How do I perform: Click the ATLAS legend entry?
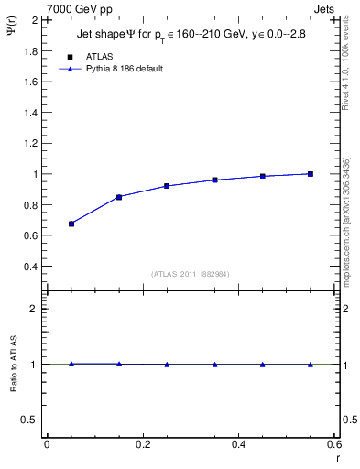(x=98, y=57)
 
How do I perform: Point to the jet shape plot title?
(x=191, y=36)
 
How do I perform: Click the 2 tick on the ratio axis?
(x=34, y=309)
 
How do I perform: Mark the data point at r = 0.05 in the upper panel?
(x=71, y=224)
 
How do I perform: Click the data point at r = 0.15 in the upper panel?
(x=119, y=197)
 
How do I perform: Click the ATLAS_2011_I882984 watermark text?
(x=191, y=274)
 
